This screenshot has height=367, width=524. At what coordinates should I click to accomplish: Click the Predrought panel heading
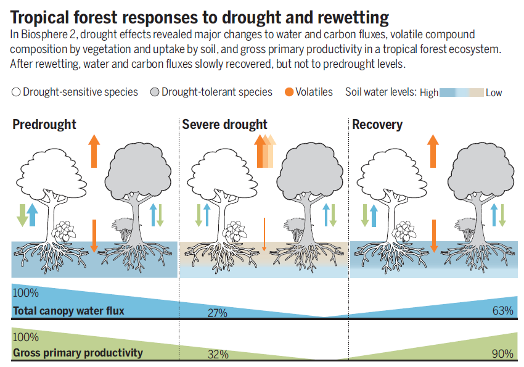[x=44, y=125]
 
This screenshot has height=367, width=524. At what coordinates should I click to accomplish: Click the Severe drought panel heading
[x=224, y=125]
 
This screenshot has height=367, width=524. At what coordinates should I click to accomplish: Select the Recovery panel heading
[x=377, y=125]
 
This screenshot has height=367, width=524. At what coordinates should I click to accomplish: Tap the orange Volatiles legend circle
[x=289, y=92]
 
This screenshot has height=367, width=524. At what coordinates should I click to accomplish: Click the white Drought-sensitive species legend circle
[x=16, y=92]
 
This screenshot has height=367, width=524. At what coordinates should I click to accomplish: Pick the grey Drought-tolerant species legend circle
[x=155, y=92]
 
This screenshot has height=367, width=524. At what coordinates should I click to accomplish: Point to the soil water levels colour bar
[x=462, y=93]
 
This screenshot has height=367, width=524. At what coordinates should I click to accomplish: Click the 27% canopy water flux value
[x=218, y=313]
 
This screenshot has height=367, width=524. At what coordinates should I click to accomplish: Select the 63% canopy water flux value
[x=502, y=310]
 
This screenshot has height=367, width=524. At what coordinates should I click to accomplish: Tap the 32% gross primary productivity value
[x=218, y=354]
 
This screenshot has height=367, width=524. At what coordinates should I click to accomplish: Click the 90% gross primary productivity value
[x=502, y=353]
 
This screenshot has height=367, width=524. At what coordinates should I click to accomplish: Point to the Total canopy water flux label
[x=68, y=311]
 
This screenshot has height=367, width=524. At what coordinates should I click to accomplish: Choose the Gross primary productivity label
[x=78, y=353]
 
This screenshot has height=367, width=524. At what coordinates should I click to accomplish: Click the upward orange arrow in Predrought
[x=94, y=151]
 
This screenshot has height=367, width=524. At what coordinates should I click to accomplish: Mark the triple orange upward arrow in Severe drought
[x=265, y=151]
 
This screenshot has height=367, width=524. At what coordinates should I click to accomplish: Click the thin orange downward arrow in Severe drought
[x=264, y=234]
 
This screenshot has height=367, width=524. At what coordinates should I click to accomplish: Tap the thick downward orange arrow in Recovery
[x=434, y=236]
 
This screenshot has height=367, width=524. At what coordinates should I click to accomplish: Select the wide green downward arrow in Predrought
[x=22, y=215]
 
